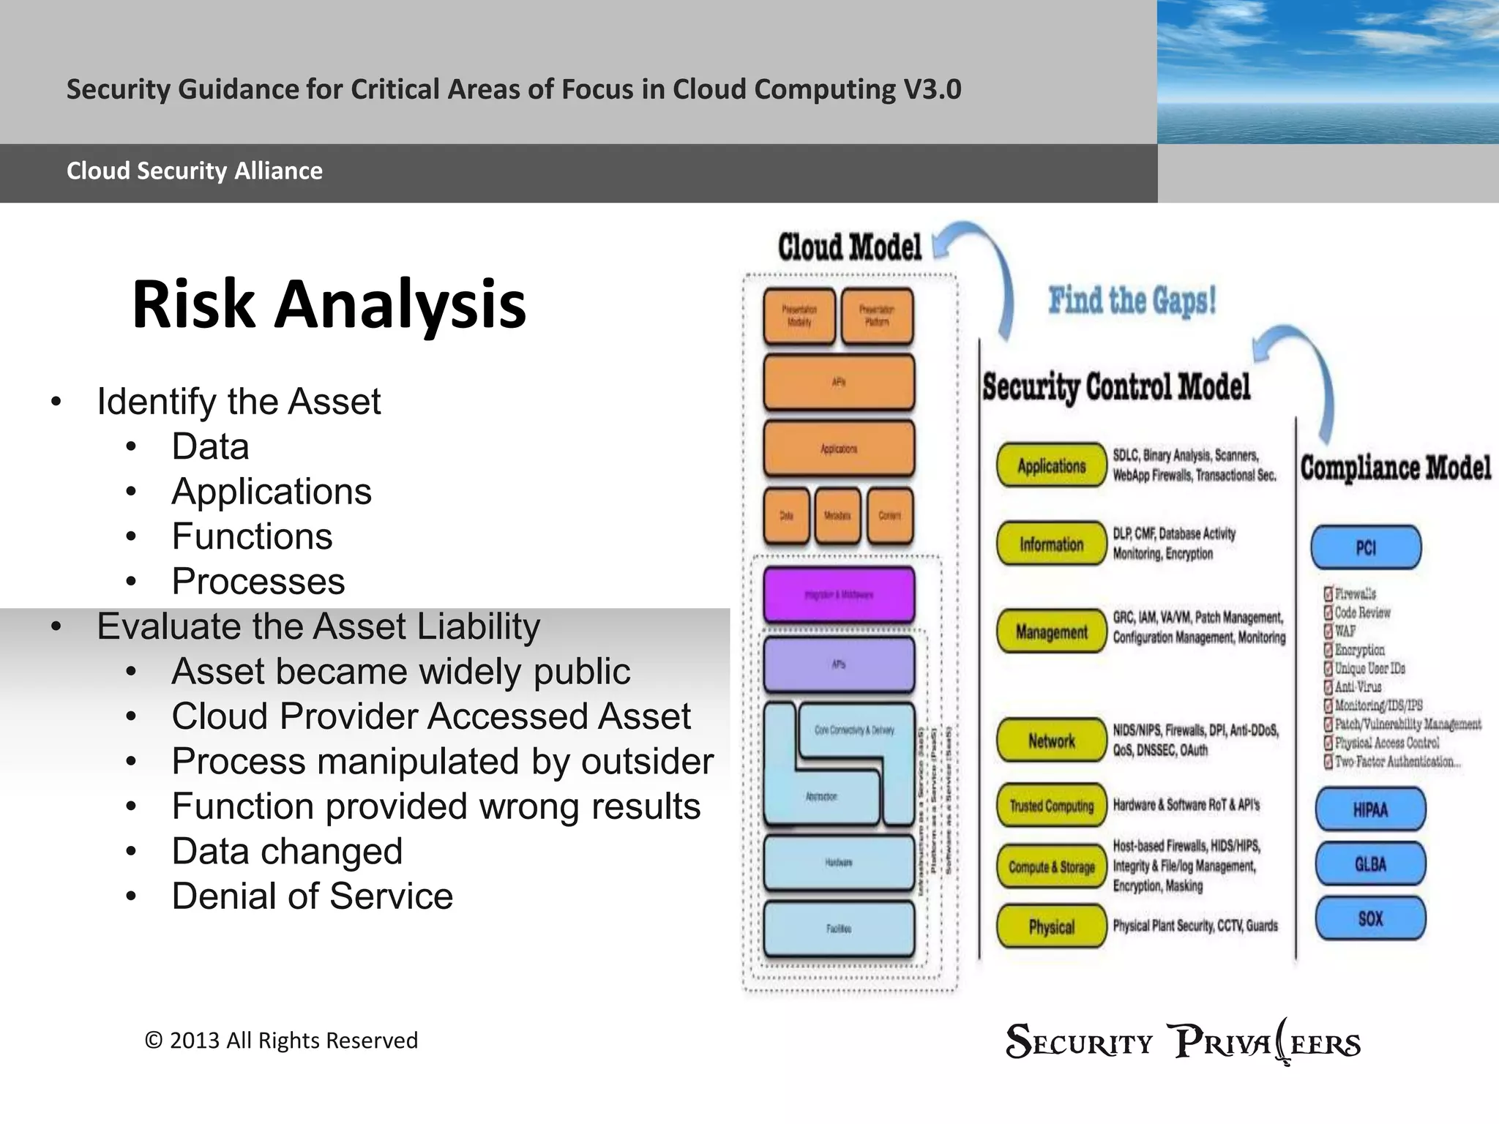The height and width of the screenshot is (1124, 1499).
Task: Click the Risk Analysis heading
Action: (329, 304)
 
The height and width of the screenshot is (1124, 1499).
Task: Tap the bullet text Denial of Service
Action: (312, 896)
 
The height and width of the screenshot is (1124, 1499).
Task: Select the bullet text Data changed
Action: (287, 851)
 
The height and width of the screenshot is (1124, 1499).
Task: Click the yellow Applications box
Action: (1051, 465)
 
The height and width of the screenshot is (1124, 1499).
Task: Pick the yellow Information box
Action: (1051, 544)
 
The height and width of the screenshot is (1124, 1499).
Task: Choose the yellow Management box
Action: (1051, 632)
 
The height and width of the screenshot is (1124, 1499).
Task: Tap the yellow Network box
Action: (1051, 741)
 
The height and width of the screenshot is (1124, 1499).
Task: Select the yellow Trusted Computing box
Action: (1051, 806)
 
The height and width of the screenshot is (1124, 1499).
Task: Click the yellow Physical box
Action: (1051, 926)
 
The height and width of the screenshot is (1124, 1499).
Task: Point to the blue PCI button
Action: (1366, 547)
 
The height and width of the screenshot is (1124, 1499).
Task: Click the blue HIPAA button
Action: (1370, 809)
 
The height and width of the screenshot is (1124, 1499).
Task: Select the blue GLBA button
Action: (1370, 864)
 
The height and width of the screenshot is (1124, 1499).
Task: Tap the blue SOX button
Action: (1370, 918)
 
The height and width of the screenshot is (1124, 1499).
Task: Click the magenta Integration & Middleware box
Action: (839, 594)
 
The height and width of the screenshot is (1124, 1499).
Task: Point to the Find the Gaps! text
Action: (1132, 301)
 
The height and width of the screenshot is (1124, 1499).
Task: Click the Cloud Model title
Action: (849, 247)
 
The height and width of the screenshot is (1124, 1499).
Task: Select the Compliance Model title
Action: (1395, 468)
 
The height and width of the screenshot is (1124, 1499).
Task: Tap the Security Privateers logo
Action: (1183, 1042)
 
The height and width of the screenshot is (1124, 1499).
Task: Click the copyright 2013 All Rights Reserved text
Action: (281, 1041)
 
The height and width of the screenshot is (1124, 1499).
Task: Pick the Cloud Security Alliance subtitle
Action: (195, 171)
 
